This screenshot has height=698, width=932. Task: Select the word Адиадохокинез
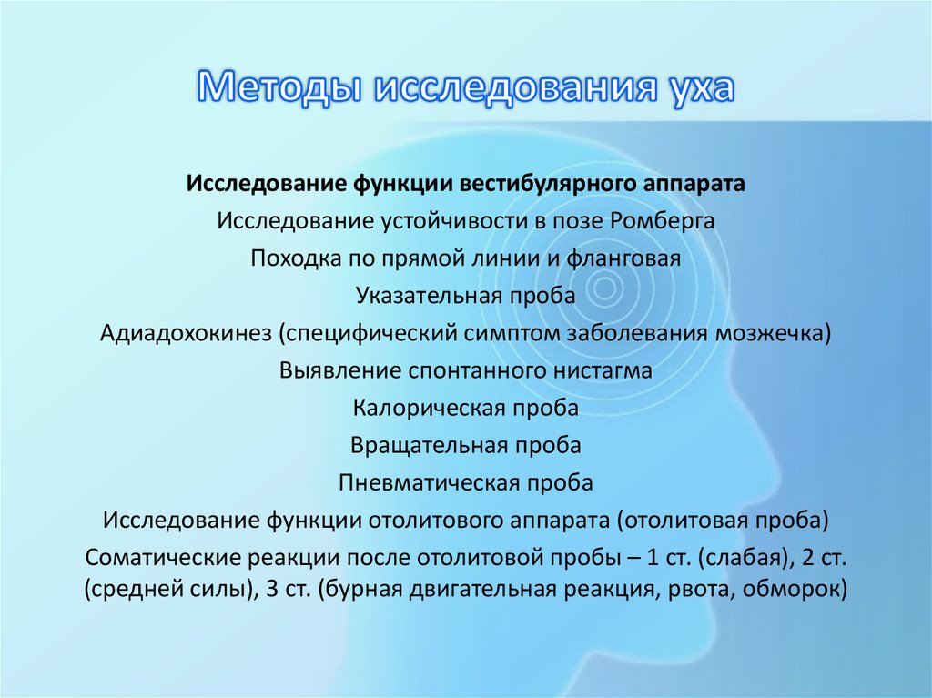pyautogui.click(x=187, y=333)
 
